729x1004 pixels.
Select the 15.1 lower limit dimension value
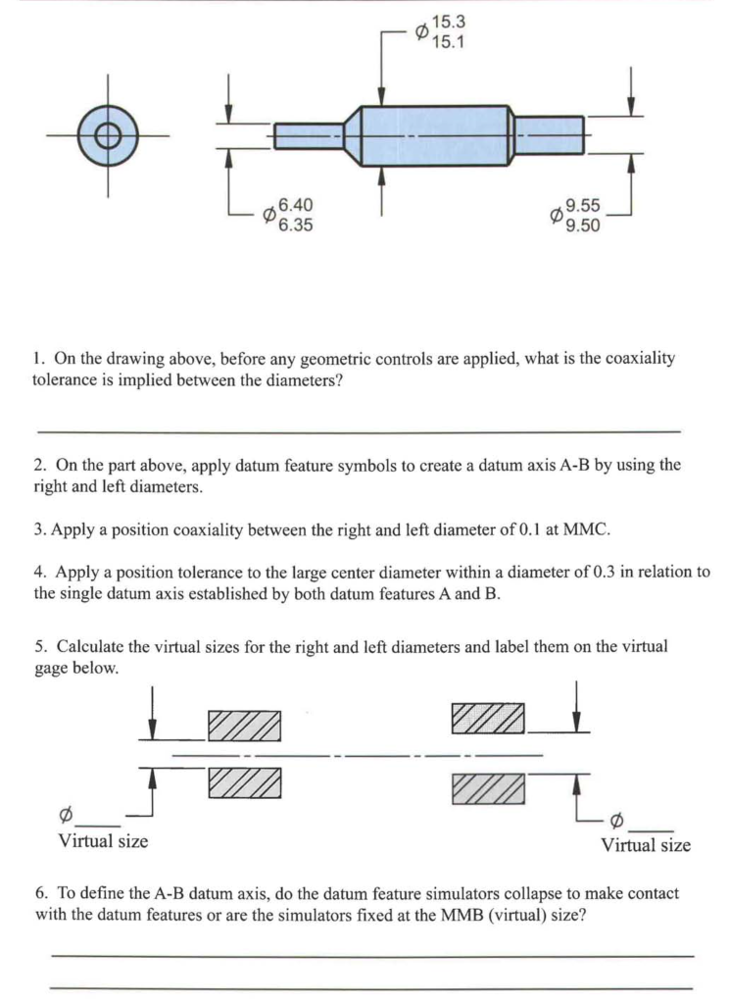(446, 41)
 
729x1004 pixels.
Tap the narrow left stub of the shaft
(308, 135)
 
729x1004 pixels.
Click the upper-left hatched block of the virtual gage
(245, 726)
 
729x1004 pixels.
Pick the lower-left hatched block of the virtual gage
(245, 783)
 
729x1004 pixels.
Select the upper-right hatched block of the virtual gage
(487, 717)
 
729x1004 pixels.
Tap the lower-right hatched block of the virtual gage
(487, 789)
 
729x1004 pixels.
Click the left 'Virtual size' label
(103, 840)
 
